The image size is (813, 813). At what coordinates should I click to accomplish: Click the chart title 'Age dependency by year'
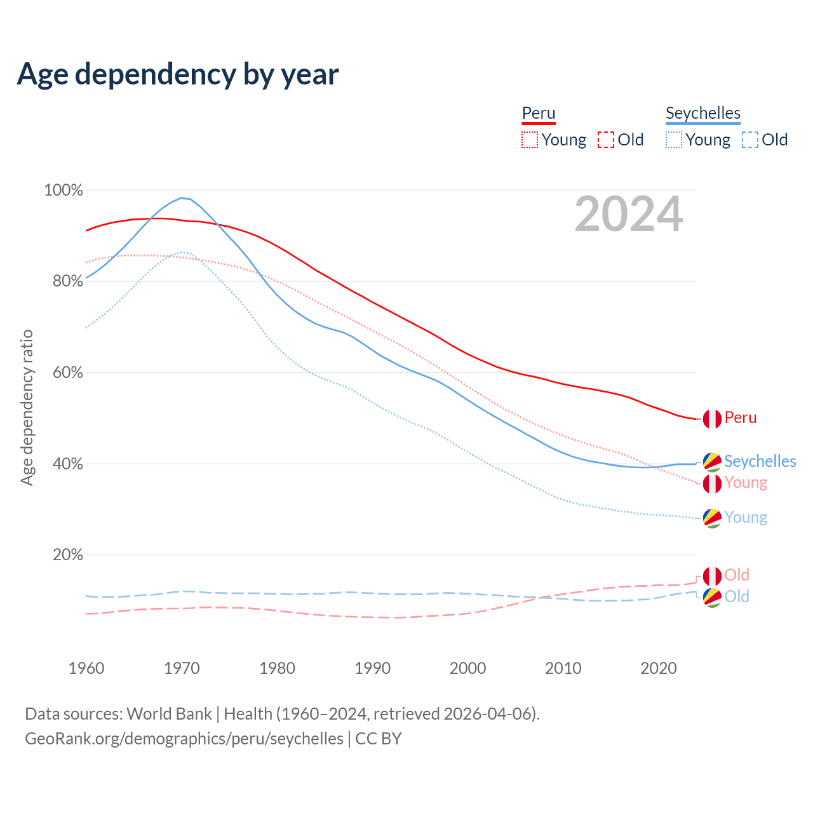(x=178, y=74)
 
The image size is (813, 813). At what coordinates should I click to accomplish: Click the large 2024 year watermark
(x=628, y=214)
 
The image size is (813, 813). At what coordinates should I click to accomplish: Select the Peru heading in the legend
(x=539, y=113)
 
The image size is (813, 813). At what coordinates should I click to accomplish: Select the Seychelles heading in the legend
(x=703, y=113)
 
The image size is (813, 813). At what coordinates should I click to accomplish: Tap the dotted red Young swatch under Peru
(x=529, y=140)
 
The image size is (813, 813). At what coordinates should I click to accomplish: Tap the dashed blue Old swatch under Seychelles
(x=749, y=140)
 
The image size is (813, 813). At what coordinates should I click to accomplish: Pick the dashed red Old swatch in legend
(x=606, y=140)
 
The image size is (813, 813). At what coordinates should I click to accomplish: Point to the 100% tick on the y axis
(x=64, y=190)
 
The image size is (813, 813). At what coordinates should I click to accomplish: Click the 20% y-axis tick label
(x=67, y=555)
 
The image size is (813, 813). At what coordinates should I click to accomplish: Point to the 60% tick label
(x=67, y=372)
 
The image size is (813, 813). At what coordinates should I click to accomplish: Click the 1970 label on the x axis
(x=182, y=668)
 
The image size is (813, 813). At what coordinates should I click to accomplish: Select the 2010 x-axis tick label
(x=563, y=668)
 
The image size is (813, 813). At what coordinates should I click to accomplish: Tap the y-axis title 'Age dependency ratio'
(x=27, y=407)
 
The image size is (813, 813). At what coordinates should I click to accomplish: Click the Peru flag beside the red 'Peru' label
(x=712, y=419)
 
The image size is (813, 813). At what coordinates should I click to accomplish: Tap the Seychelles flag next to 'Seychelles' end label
(x=712, y=462)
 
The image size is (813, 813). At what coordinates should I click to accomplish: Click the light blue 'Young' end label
(x=746, y=518)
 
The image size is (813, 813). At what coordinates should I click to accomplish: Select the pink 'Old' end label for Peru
(x=737, y=575)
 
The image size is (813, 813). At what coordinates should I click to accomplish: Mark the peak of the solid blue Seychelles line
(x=182, y=198)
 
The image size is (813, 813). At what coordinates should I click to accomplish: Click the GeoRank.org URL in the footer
(x=184, y=739)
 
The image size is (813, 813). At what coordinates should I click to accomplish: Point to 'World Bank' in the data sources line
(x=169, y=714)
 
